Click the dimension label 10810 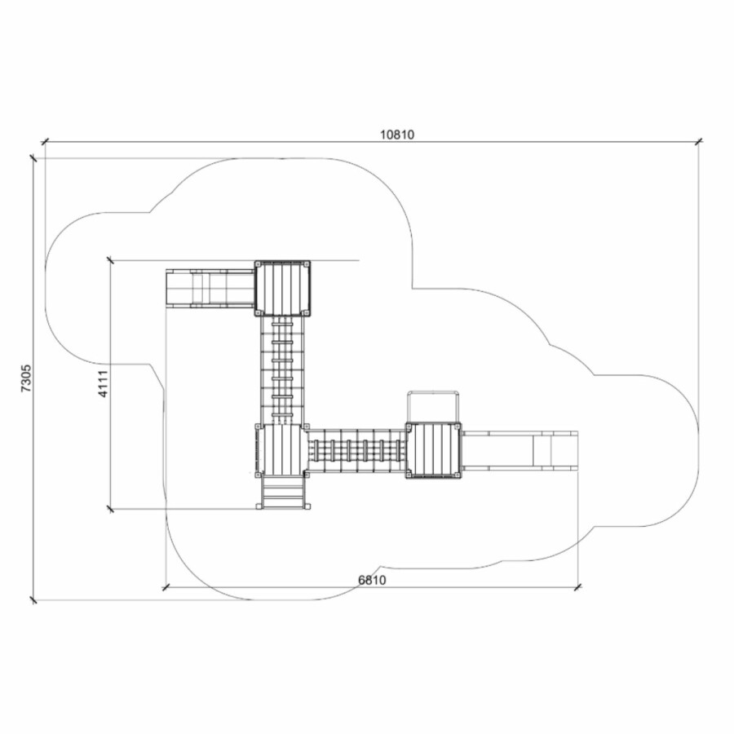tap(397, 135)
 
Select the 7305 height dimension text tap(26, 378)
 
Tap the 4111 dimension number tap(103, 383)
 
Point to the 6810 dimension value tap(372, 580)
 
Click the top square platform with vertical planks tap(283, 289)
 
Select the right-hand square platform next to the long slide tap(434, 450)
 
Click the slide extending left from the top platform tap(210, 289)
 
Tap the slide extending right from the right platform tap(520, 450)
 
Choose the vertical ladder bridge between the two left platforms tap(282, 369)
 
